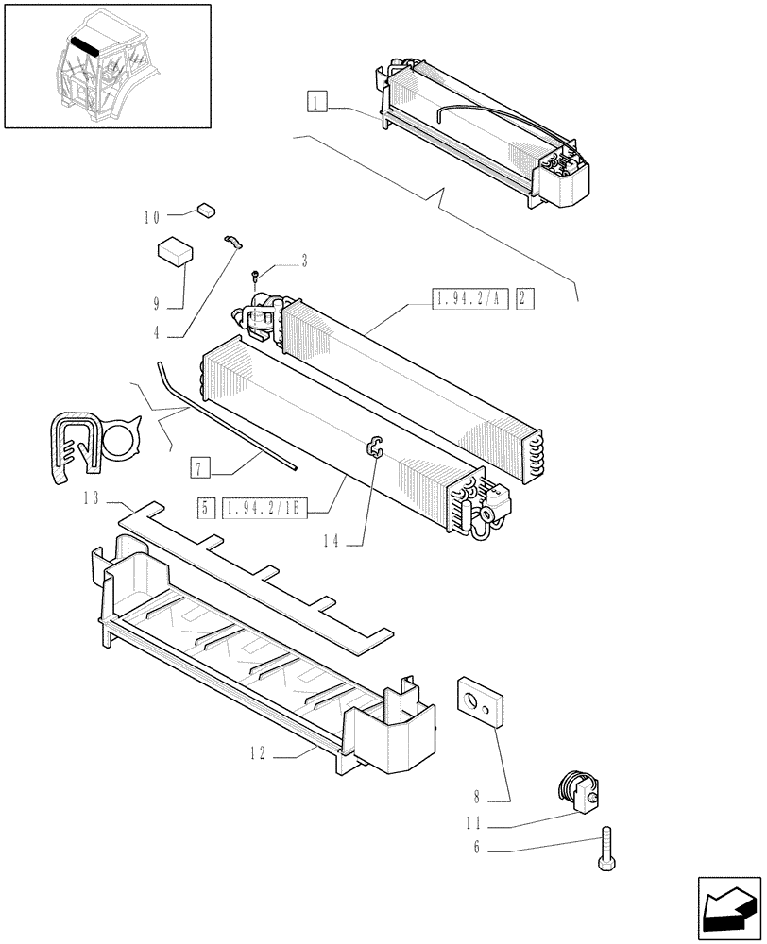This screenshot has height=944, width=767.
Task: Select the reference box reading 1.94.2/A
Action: (x=469, y=299)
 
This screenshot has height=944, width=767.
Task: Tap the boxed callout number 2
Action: (x=526, y=299)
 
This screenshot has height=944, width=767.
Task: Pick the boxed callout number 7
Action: (x=198, y=466)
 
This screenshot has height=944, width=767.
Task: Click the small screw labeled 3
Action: (x=257, y=275)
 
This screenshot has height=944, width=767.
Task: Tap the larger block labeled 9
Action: (x=174, y=250)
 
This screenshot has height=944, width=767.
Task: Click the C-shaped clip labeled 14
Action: (x=375, y=447)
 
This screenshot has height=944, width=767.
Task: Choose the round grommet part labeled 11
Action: (x=575, y=789)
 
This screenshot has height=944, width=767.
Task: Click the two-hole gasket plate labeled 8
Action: (x=481, y=702)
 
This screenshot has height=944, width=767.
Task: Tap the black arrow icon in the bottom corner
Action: (x=728, y=906)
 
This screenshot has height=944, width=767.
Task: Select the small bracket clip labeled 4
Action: (x=233, y=242)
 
